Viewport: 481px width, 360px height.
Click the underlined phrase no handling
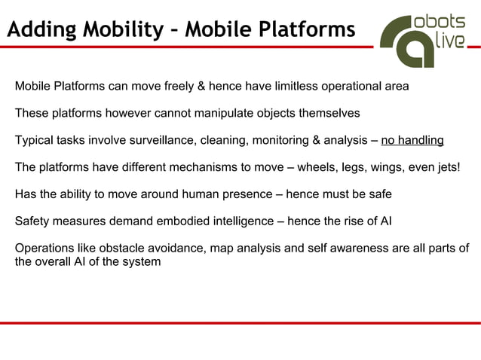[412, 140]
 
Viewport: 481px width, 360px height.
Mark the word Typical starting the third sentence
[35, 140]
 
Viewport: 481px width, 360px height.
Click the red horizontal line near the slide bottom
[240, 322]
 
